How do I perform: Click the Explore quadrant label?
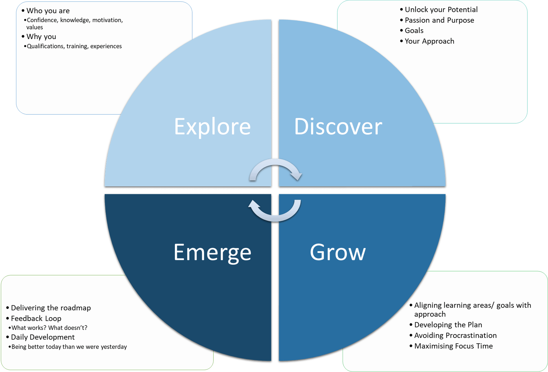click(x=212, y=126)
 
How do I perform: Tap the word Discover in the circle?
click(x=338, y=126)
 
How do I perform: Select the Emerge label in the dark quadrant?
click(x=212, y=252)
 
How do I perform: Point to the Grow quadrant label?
click(x=338, y=252)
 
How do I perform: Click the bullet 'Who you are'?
click(x=48, y=11)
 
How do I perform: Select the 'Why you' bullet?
click(x=41, y=36)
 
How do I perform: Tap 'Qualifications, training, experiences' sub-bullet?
click(x=74, y=46)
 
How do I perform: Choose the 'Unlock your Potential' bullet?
click(x=441, y=9)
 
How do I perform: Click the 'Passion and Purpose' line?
click(x=439, y=20)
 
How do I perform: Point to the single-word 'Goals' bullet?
click(x=414, y=30)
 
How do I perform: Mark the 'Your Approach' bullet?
click(x=429, y=41)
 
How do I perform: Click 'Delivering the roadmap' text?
click(x=51, y=308)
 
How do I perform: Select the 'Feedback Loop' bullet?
click(x=36, y=318)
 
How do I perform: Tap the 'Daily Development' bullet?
click(x=43, y=337)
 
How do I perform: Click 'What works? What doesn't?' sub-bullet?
click(x=49, y=328)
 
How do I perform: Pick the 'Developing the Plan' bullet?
click(x=448, y=325)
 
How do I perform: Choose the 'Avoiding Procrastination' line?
click(x=455, y=335)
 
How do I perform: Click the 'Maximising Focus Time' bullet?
click(x=454, y=346)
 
